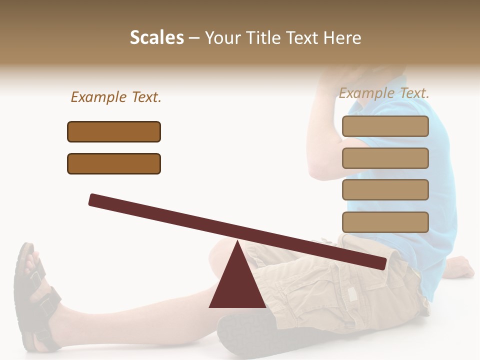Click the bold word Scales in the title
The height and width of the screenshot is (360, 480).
click(x=156, y=38)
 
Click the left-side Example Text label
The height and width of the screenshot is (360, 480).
click(x=116, y=97)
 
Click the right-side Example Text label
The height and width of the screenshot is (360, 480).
click(x=384, y=93)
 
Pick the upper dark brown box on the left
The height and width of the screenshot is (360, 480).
click(x=114, y=131)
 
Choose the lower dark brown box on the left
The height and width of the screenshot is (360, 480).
click(x=114, y=163)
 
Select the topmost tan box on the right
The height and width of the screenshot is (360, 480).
click(x=385, y=126)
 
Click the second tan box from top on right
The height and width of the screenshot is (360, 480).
click(x=385, y=158)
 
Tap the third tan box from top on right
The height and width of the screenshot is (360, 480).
click(x=385, y=190)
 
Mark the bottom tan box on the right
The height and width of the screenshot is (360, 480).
click(x=385, y=222)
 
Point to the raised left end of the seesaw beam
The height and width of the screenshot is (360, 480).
click(x=95, y=200)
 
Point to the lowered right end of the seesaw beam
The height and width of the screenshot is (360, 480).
click(x=380, y=263)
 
